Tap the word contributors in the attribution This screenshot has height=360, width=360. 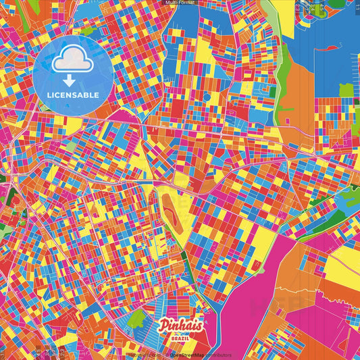[220, 355]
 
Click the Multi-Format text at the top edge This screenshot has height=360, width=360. [179, 3]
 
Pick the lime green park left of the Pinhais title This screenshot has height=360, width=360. [137, 317]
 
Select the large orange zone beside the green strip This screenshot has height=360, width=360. [297, 101]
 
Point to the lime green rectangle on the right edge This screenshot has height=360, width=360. [346, 90]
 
